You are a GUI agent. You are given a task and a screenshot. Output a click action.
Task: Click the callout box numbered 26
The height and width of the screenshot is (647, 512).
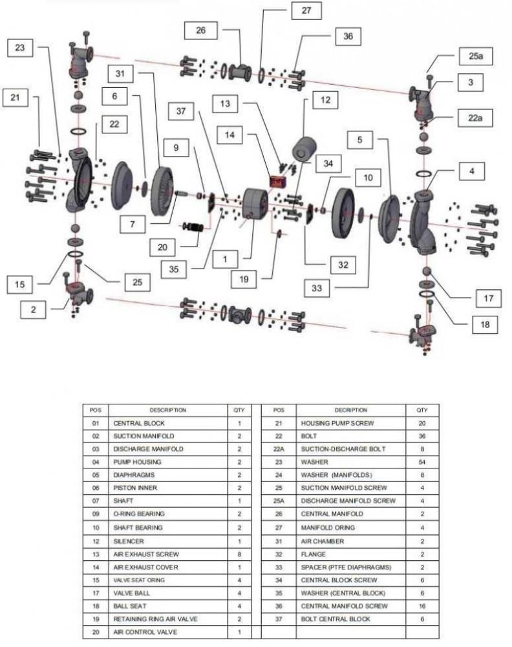tap(201, 31)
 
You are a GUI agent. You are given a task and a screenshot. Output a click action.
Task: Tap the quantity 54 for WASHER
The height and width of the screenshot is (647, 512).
tap(422, 463)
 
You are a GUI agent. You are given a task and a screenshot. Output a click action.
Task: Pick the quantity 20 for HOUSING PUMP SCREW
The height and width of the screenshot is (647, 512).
tap(422, 423)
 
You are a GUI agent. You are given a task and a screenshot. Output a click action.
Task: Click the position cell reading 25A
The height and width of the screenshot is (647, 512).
tap(279, 501)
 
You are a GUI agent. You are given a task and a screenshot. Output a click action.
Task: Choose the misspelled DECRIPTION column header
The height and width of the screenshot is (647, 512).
tap(350, 410)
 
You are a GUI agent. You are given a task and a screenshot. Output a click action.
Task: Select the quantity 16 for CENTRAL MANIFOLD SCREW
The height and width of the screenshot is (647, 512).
tap(422, 606)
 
